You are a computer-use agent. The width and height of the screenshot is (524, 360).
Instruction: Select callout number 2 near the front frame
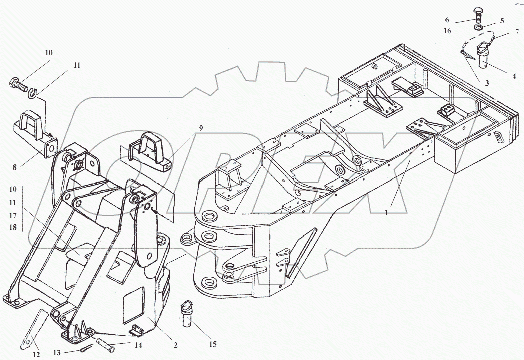tap(176, 345)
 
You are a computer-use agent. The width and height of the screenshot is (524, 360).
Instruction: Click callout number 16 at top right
tap(447, 31)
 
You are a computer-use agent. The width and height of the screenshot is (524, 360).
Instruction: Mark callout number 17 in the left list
tap(13, 215)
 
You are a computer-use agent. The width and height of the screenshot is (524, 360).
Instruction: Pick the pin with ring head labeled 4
tap(484, 57)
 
